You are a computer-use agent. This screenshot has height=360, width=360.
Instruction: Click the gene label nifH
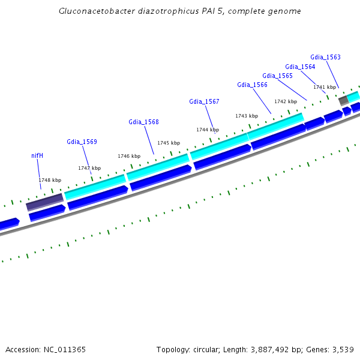(x=37, y=155)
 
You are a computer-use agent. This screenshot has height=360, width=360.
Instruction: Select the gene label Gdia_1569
(x=82, y=142)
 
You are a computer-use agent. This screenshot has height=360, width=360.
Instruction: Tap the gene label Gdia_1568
(x=143, y=122)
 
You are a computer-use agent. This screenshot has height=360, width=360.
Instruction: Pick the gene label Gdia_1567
(x=204, y=101)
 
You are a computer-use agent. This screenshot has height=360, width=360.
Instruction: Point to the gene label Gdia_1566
(x=252, y=85)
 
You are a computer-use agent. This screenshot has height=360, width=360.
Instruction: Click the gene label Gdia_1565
(x=277, y=76)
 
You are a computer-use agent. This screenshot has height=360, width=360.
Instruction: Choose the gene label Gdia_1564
(x=300, y=67)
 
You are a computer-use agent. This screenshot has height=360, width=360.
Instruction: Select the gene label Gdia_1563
(x=325, y=57)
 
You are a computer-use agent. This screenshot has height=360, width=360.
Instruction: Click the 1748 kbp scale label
(x=50, y=180)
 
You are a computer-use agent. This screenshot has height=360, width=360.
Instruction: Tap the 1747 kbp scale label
(x=89, y=168)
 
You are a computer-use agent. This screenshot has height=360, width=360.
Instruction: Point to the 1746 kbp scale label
(x=129, y=156)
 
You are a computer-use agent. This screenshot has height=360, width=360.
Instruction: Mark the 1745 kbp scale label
(x=169, y=143)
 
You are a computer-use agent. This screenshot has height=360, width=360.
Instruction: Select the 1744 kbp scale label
(x=208, y=130)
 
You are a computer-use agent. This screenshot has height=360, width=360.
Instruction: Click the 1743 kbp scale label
(x=247, y=116)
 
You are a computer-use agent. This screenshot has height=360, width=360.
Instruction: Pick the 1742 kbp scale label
(x=286, y=101)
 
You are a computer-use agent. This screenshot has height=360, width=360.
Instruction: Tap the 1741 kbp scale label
(x=325, y=87)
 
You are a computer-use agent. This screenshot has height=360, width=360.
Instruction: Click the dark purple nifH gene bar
(x=44, y=202)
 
